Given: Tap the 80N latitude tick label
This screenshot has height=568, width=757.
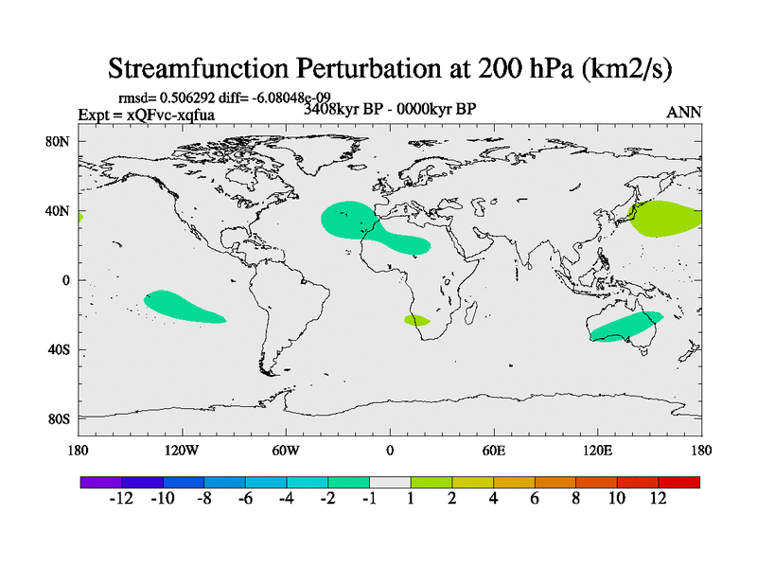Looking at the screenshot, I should (60, 141).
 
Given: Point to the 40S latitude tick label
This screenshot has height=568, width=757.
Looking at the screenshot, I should (60, 349).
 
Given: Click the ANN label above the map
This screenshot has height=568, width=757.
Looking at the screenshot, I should (684, 112).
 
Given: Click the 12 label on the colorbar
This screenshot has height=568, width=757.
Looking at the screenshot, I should (659, 499).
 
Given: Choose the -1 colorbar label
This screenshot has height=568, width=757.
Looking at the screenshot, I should (369, 499).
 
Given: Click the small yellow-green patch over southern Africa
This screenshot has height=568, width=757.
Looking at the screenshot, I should (416, 321).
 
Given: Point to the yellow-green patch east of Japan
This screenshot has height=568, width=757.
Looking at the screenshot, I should (665, 219).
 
